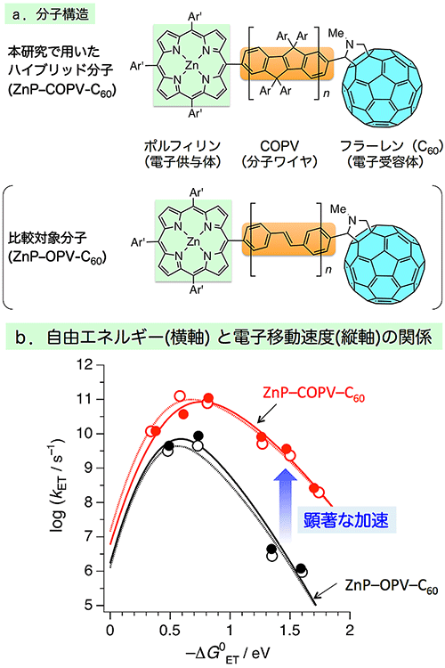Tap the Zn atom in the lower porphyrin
pyautogui.click(x=193, y=242)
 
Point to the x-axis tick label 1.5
pyautogui.click(x=290, y=631)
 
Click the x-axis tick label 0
pyautogui.click(x=110, y=631)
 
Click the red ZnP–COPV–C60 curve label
pyautogui.click(x=314, y=395)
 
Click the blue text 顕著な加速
pyautogui.click(x=346, y=520)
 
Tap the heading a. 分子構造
pyautogui.click(x=51, y=14)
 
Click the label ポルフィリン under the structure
pyautogui.click(x=182, y=146)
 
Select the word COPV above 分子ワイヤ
pyautogui.click(x=279, y=147)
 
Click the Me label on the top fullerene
pyautogui.click(x=336, y=33)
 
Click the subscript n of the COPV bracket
pyautogui.click(x=327, y=93)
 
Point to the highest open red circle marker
pyautogui.click(x=180, y=396)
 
